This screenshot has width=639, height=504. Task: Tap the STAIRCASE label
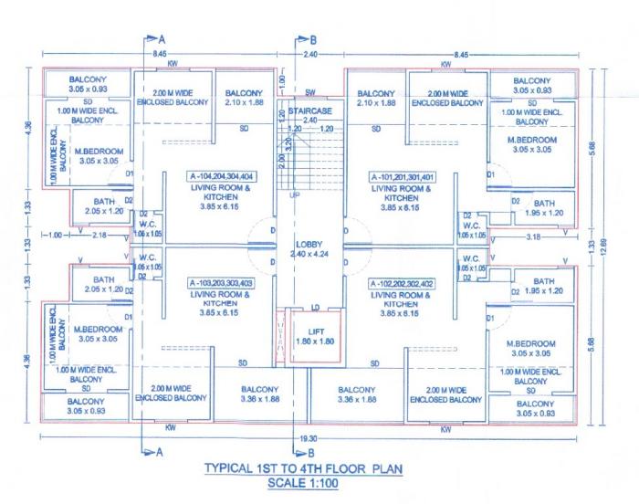click(309, 110)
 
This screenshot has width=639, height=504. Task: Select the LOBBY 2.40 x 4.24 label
click(309, 249)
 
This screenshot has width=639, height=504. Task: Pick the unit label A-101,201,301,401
click(402, 176)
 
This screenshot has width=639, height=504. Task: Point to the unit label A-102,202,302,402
click(402, 284)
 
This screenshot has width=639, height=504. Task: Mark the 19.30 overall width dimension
click(309, 439)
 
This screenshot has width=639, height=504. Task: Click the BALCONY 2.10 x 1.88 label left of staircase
click(244, 99)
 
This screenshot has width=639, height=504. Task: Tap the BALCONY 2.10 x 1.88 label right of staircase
click(376, 99)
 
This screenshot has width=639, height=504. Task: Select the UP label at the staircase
click(293, 196)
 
